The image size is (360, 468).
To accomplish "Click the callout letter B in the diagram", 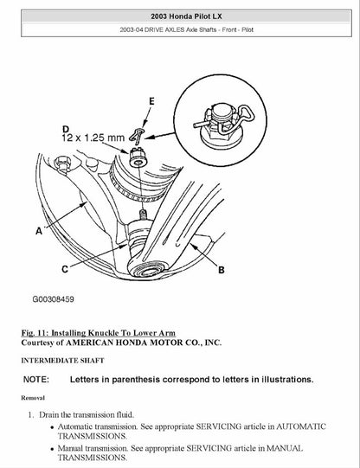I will [221, 270].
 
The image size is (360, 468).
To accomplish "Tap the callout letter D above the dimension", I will [66, 124].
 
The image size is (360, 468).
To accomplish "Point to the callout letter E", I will [152, 102].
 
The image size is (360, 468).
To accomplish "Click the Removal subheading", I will [34, 397].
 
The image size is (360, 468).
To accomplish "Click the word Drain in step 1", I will [49, 415].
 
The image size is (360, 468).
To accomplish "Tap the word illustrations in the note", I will [282, 379].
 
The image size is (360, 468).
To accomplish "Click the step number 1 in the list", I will [29, 415].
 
